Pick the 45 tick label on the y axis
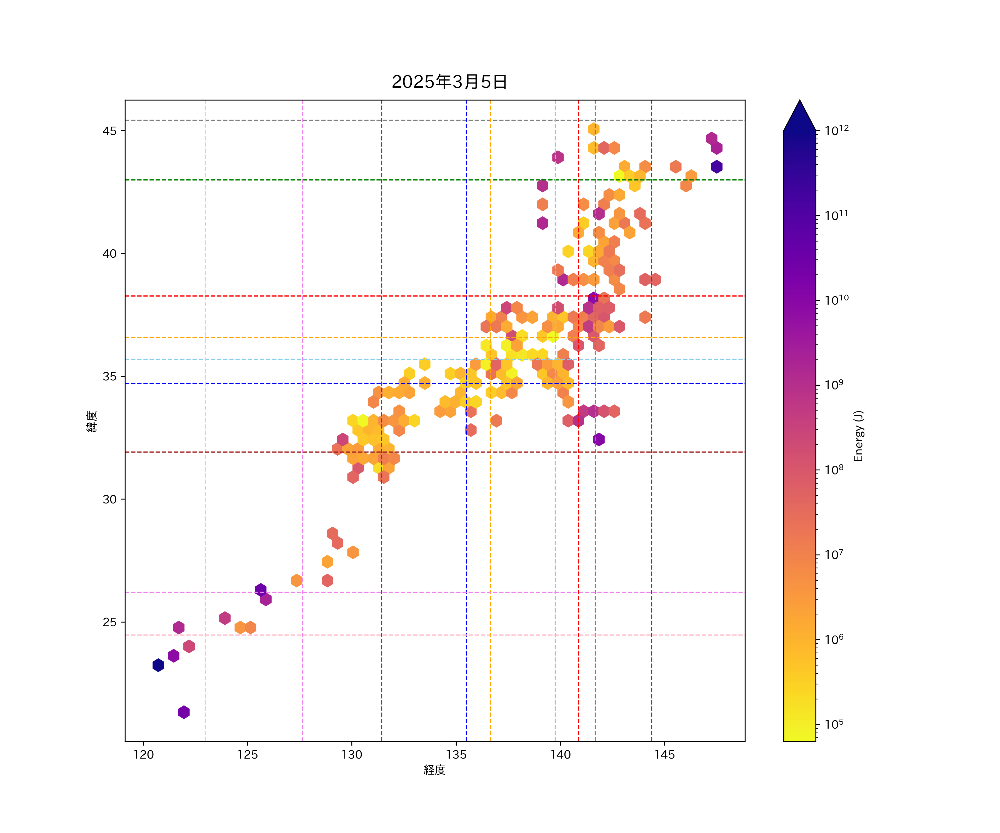pos(109,131)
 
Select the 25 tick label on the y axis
pos(109,622)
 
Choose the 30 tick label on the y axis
pos(109,499)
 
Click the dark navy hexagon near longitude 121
pos(158,665)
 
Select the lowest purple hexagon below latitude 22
pos(184,712)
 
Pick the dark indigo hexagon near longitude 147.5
pos(717,167)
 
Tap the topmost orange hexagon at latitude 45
pos(593,129)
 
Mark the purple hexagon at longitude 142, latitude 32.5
pos(599,439)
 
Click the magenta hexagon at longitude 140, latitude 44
pos(557,157)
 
